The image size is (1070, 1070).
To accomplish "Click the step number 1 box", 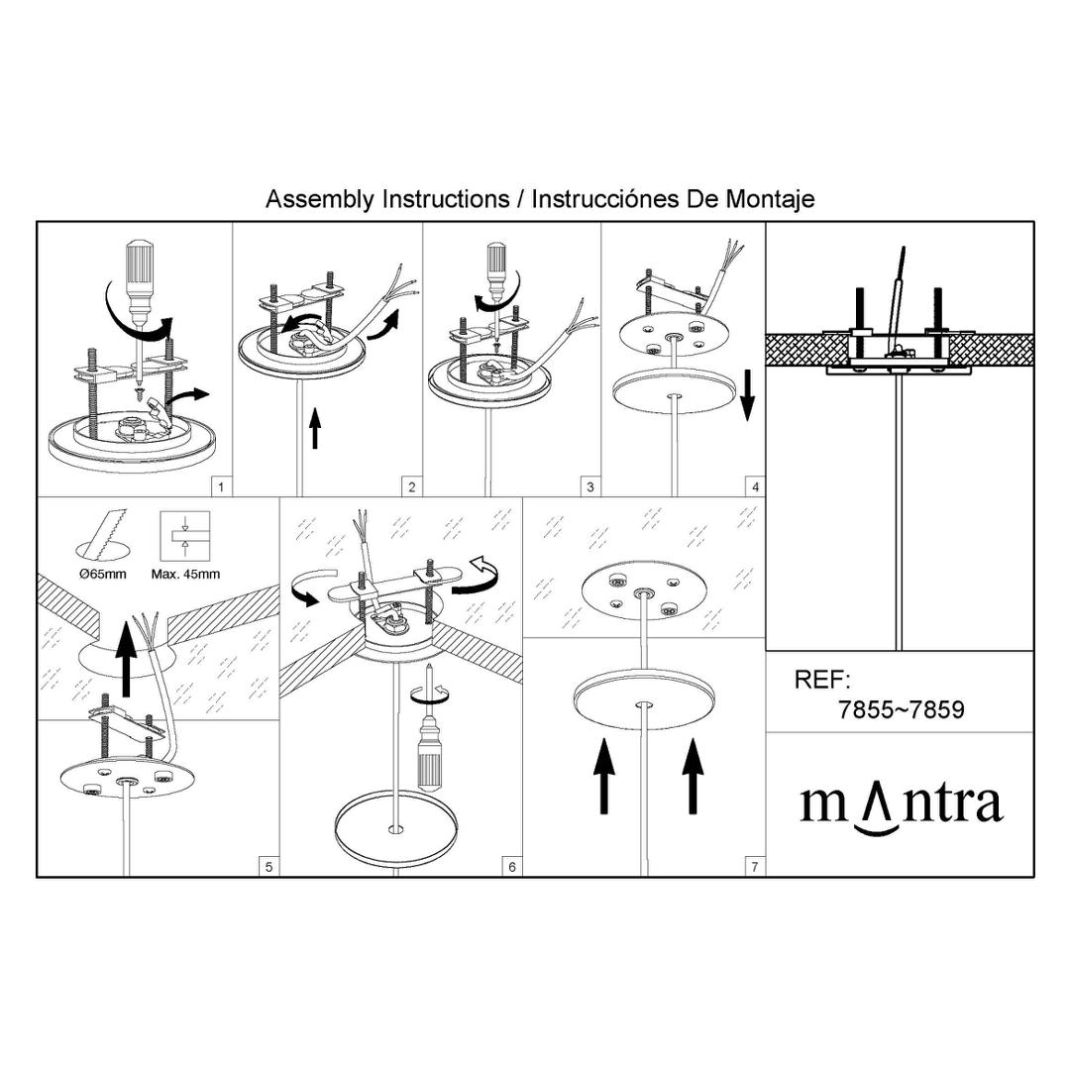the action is pos(220,487).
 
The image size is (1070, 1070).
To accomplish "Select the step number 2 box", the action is pos(411,487).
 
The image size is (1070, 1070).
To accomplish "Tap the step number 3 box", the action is pos(590,487).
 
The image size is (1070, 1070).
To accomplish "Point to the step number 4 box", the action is pos(755,487).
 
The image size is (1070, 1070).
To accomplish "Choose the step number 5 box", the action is pos(268,867).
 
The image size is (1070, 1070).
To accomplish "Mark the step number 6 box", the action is pos(512,867).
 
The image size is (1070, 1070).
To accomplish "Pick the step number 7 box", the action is pos(755,867).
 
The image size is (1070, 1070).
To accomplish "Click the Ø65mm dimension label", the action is pos(103,574).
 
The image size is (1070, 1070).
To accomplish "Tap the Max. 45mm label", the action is pos(185,574).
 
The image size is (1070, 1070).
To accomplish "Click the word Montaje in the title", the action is pos(770,199).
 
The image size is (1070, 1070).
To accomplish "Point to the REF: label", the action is pos(822,680).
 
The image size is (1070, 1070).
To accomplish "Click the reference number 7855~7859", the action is pos(902,709).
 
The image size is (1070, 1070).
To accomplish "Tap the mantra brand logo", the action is pos(902,805).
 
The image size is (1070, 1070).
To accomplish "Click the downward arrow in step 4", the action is pos(747,394).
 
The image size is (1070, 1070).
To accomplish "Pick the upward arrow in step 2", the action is pos(315,428).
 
